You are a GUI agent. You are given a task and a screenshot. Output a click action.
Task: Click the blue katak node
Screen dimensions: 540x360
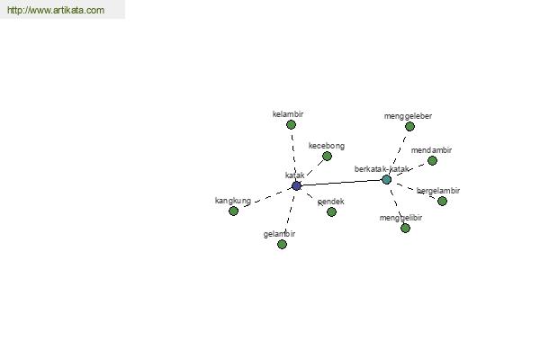tap(296, 185)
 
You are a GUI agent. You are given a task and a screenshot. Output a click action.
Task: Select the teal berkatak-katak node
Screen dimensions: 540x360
tap(386, 179)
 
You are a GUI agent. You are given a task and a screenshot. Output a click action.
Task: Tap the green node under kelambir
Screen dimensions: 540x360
tap(291, 125)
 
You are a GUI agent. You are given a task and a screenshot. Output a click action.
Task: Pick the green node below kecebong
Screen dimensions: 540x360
tap(327, 157)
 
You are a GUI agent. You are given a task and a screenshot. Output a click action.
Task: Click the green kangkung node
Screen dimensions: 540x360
tap(233, 211)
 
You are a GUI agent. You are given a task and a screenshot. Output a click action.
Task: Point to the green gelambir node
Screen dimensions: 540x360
tap(282, 244)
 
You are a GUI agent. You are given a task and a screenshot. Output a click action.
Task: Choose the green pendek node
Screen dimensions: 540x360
tap(331, 211)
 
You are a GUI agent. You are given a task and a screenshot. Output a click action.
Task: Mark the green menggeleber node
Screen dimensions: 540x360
tap(409, 127)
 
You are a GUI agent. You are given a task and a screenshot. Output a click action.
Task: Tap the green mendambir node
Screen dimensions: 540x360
tap(432, 160)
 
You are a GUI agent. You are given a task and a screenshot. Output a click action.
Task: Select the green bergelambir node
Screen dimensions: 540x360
tap(442, 201)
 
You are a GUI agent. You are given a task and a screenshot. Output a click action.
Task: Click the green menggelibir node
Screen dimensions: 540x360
tap(405, 228)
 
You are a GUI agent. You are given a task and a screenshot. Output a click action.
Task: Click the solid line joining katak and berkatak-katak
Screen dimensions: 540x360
tap(341, 183)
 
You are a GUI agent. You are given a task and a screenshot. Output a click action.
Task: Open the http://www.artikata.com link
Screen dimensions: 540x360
tap(56, 10)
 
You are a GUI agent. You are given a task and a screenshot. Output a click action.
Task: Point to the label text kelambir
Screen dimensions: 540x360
tap(288, 114)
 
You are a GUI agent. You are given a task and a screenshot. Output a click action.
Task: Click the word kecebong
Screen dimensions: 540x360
tap(327, 146)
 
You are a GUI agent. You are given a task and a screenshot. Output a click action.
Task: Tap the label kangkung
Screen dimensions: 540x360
tap(233, 201)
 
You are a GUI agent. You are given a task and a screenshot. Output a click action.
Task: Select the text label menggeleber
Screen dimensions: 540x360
tap(408, 116)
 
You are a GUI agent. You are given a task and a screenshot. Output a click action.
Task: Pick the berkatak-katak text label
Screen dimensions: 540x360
tap(382, 169)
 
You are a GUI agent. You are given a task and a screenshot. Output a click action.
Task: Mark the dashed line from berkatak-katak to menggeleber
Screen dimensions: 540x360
tap(399, 151)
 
